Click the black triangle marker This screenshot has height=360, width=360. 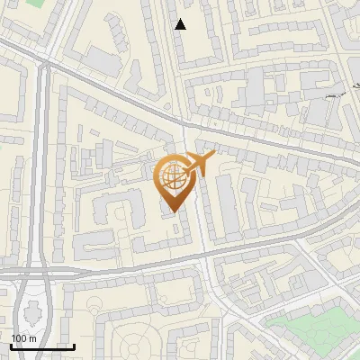tap(181, 24)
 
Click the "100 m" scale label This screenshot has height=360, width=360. tap(23, 337)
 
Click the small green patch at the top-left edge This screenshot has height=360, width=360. tap(36, 3)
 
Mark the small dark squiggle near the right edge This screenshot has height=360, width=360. tap(334, 94)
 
